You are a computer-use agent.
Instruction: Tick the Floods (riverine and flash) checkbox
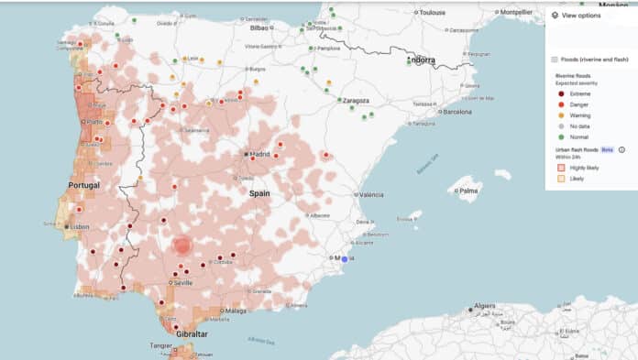[x=555, y=59]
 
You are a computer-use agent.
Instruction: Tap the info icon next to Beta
[x=621, y=149]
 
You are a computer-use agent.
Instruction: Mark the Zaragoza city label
[x=354, y=100]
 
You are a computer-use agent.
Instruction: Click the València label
[x=371, y=195]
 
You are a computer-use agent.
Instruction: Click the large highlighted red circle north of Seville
[x=181, y=245]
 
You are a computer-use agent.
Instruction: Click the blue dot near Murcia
[x=345, y=259]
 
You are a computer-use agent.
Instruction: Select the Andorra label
[x=423, y=60]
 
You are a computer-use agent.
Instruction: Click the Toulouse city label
[x=433, y=13]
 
